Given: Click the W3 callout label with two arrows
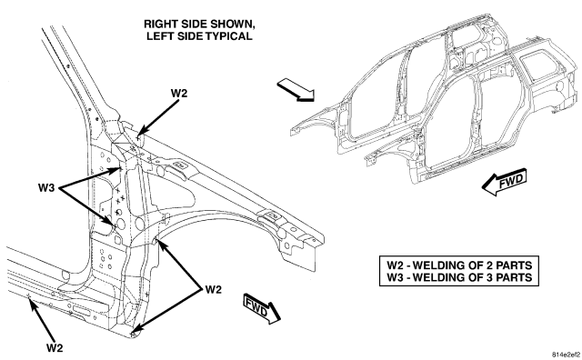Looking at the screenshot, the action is coord(46,188).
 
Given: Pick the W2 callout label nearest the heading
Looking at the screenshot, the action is coord(179,93).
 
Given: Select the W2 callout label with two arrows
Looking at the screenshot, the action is coord(214,289).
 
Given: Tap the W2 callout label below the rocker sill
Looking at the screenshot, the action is coord(55,348).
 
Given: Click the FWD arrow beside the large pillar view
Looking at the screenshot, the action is coord(262,308).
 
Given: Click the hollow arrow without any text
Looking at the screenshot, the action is coord(296,89).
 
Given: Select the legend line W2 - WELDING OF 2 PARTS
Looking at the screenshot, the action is coord(459,265).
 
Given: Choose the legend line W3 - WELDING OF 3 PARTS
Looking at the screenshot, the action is coord(459,277).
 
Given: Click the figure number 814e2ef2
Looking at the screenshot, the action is coord(566,354).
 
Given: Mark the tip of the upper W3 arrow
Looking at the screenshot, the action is coord(122,169).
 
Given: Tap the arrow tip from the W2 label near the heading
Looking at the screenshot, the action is coord(138,135).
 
